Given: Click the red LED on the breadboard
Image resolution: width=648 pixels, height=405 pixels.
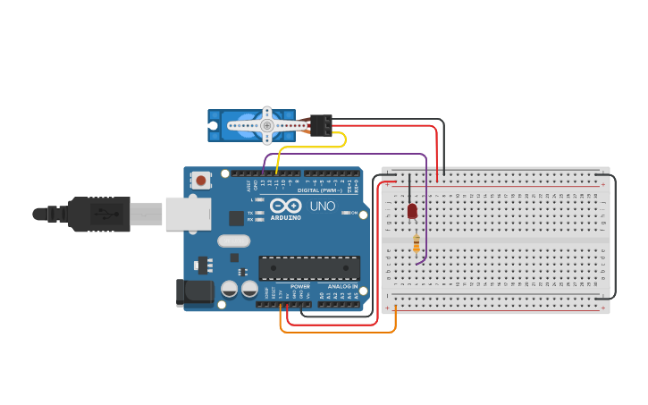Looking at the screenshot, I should click(412, 212).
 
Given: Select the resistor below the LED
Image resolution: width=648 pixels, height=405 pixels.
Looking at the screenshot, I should click(417, 243).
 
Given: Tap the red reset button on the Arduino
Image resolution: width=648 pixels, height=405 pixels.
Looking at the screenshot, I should click(201, 181).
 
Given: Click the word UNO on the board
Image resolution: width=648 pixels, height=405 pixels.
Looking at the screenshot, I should click(323, 207).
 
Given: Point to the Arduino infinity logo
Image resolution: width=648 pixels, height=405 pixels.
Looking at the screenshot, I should click(286, 206).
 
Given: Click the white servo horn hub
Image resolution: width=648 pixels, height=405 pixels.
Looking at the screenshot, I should click(266, 126).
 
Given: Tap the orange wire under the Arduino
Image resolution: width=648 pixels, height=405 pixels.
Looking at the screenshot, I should click(340, 333).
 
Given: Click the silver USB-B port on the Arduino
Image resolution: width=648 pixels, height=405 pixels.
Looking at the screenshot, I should click(188, 215).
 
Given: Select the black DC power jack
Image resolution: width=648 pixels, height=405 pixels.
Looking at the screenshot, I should click(197, 291).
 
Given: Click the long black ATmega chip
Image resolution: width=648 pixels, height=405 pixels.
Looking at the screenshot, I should click(309, 267).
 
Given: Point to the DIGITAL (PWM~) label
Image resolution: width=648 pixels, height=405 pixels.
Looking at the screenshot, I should click(319, 190).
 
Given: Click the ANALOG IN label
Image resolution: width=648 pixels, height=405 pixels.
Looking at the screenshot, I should click(341, 286).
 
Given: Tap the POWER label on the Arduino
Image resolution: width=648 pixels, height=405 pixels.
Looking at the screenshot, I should click(299, 286).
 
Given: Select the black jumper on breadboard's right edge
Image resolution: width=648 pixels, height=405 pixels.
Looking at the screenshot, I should click(615, 232).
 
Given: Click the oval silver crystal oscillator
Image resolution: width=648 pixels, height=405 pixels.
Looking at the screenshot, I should click(233, 240).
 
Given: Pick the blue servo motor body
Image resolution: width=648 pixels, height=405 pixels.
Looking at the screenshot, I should click(234, 125).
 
